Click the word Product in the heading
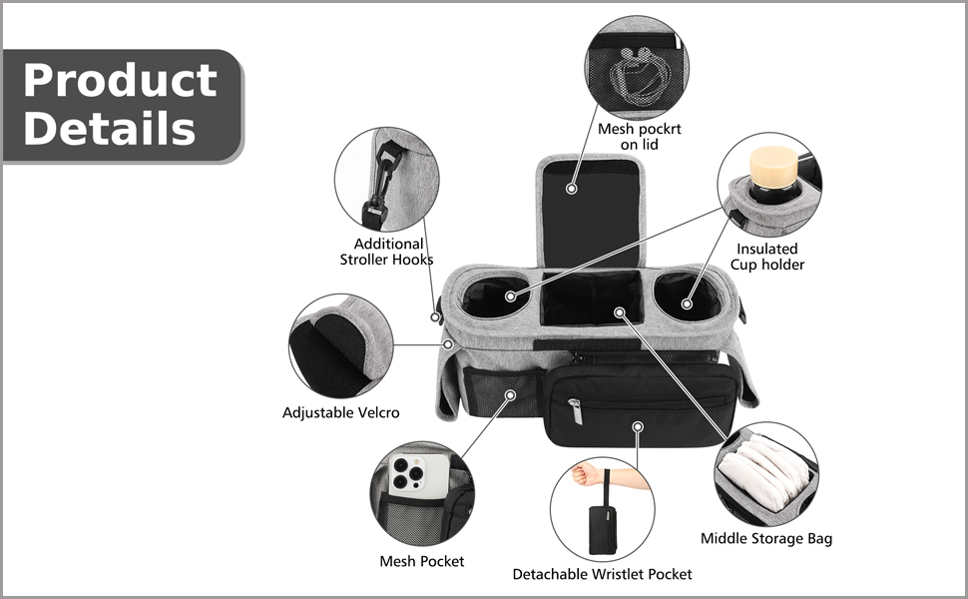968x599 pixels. pos(119,80)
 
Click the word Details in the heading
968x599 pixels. pos(109,129)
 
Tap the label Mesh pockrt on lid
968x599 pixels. pos(640,137)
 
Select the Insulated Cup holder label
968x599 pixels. pos(766,257)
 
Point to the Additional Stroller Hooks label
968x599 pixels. pos(388,252)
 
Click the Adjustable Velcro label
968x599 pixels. pos(340,412)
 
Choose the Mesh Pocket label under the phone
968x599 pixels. pos(421,561)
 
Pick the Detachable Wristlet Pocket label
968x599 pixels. pos(602,574)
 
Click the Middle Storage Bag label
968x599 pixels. pos(765,539)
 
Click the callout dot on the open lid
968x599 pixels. pos(573,187)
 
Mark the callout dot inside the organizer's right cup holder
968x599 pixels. pos(687,301)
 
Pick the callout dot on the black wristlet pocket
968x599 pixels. pos(639,426)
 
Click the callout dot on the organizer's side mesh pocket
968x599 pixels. pos(510,395)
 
